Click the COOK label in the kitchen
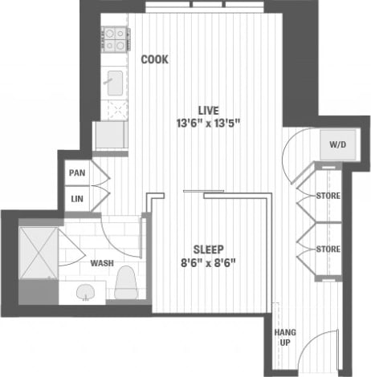tap(154, 59)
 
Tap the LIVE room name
tap(209, 110)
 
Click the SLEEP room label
tap(208, 249)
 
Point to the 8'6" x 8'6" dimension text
tap(208, 261)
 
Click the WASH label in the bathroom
tap(101, 263)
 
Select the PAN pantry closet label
tap(77, 172)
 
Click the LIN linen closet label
tap(77, 198)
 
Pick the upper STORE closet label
tap(328, 196)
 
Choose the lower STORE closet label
tap(328, 248)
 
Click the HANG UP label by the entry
tap(283, 337)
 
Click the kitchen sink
tap(114, 80)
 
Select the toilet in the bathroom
tap(125, 282)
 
